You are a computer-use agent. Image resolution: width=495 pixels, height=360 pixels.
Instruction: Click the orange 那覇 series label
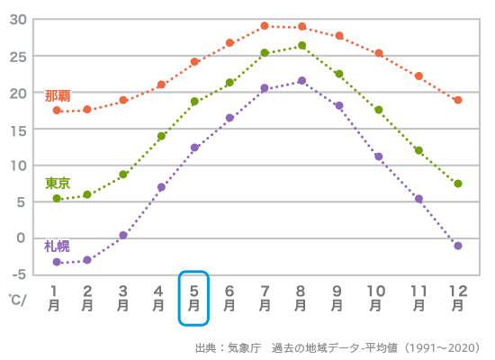click(58, 95)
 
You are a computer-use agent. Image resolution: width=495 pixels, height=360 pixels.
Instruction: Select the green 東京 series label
click(58, 183)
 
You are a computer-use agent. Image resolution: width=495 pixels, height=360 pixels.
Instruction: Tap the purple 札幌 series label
click(57, 246)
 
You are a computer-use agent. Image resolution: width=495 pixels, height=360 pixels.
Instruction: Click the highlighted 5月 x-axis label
click(194, 298)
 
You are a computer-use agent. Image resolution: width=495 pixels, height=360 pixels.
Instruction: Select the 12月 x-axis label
click(458, 298)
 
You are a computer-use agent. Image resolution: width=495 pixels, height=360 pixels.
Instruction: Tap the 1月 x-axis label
click(55, 298)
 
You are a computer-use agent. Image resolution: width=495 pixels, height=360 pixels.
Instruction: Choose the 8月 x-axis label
click(301, 298)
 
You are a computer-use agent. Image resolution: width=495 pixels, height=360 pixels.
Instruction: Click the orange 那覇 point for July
click(265, 26)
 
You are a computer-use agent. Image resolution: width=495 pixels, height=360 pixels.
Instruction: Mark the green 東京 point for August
click(301, 46)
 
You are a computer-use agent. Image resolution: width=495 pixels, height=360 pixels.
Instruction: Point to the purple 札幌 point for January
click(57, 262)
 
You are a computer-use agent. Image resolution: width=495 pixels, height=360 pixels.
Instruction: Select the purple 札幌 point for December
click(458, 246)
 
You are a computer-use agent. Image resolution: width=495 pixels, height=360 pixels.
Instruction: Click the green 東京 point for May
click(194, 102)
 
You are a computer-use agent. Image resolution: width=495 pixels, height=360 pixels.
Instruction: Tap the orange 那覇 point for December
click(458, 100)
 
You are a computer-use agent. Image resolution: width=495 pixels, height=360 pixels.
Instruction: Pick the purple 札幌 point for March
click(123, 235)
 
